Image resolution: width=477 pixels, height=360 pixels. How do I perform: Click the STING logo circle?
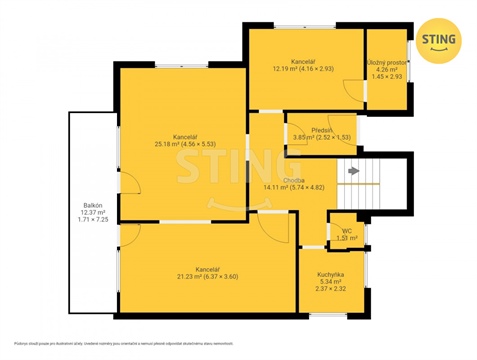(439, 40)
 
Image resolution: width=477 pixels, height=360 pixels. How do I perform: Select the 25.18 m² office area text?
(183, 143)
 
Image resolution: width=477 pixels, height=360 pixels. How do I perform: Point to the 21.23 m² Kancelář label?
(207, 269)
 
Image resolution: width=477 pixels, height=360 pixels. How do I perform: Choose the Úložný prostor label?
(387, 61)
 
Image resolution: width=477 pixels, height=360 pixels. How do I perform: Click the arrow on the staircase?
(352, 171)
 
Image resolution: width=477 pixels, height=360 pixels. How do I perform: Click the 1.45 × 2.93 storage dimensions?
(387, 77)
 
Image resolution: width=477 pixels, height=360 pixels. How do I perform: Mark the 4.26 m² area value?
(387, 69)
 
